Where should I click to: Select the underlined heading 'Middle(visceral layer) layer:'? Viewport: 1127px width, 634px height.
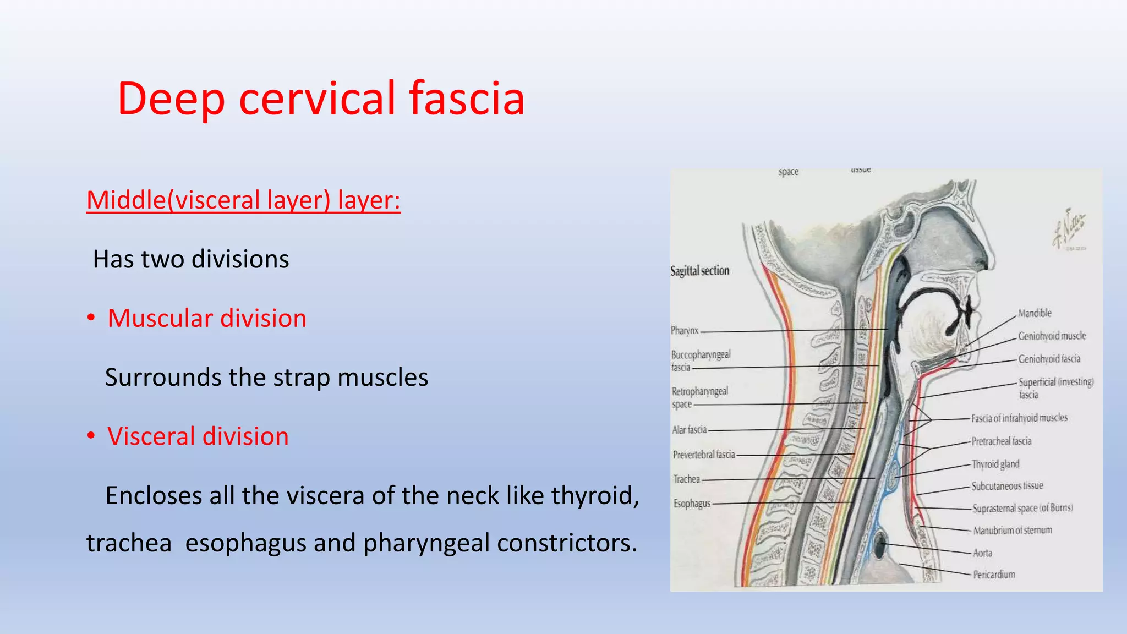(x=243, y=200)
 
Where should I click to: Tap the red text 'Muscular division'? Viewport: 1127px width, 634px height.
(x=207, y=318)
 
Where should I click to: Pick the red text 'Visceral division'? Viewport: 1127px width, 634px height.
(x=198, y=436)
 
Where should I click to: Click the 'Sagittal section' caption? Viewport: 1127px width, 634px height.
(x=699, y=271)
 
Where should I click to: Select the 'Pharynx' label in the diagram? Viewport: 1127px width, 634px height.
(x=685, y=330)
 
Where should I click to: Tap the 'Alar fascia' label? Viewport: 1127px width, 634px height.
(x=689, y=429)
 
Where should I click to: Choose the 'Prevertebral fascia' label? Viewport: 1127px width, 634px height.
(x=704, y=455)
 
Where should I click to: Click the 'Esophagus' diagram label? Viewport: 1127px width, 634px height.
(x=692, y=503)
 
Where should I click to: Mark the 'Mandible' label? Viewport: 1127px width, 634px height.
(x=1035, y=313)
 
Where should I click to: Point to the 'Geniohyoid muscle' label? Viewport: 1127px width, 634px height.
(x=1052, y=336)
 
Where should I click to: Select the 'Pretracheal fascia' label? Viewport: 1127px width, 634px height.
(x=1001, y=441)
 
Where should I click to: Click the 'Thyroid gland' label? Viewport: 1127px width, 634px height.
(x=995, y=464)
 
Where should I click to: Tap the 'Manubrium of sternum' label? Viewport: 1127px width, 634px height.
(x=1012, y=531)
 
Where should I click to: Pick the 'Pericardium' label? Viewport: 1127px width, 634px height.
(x=994, y=575)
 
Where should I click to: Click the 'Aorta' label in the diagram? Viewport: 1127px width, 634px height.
(x=982, y=553)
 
